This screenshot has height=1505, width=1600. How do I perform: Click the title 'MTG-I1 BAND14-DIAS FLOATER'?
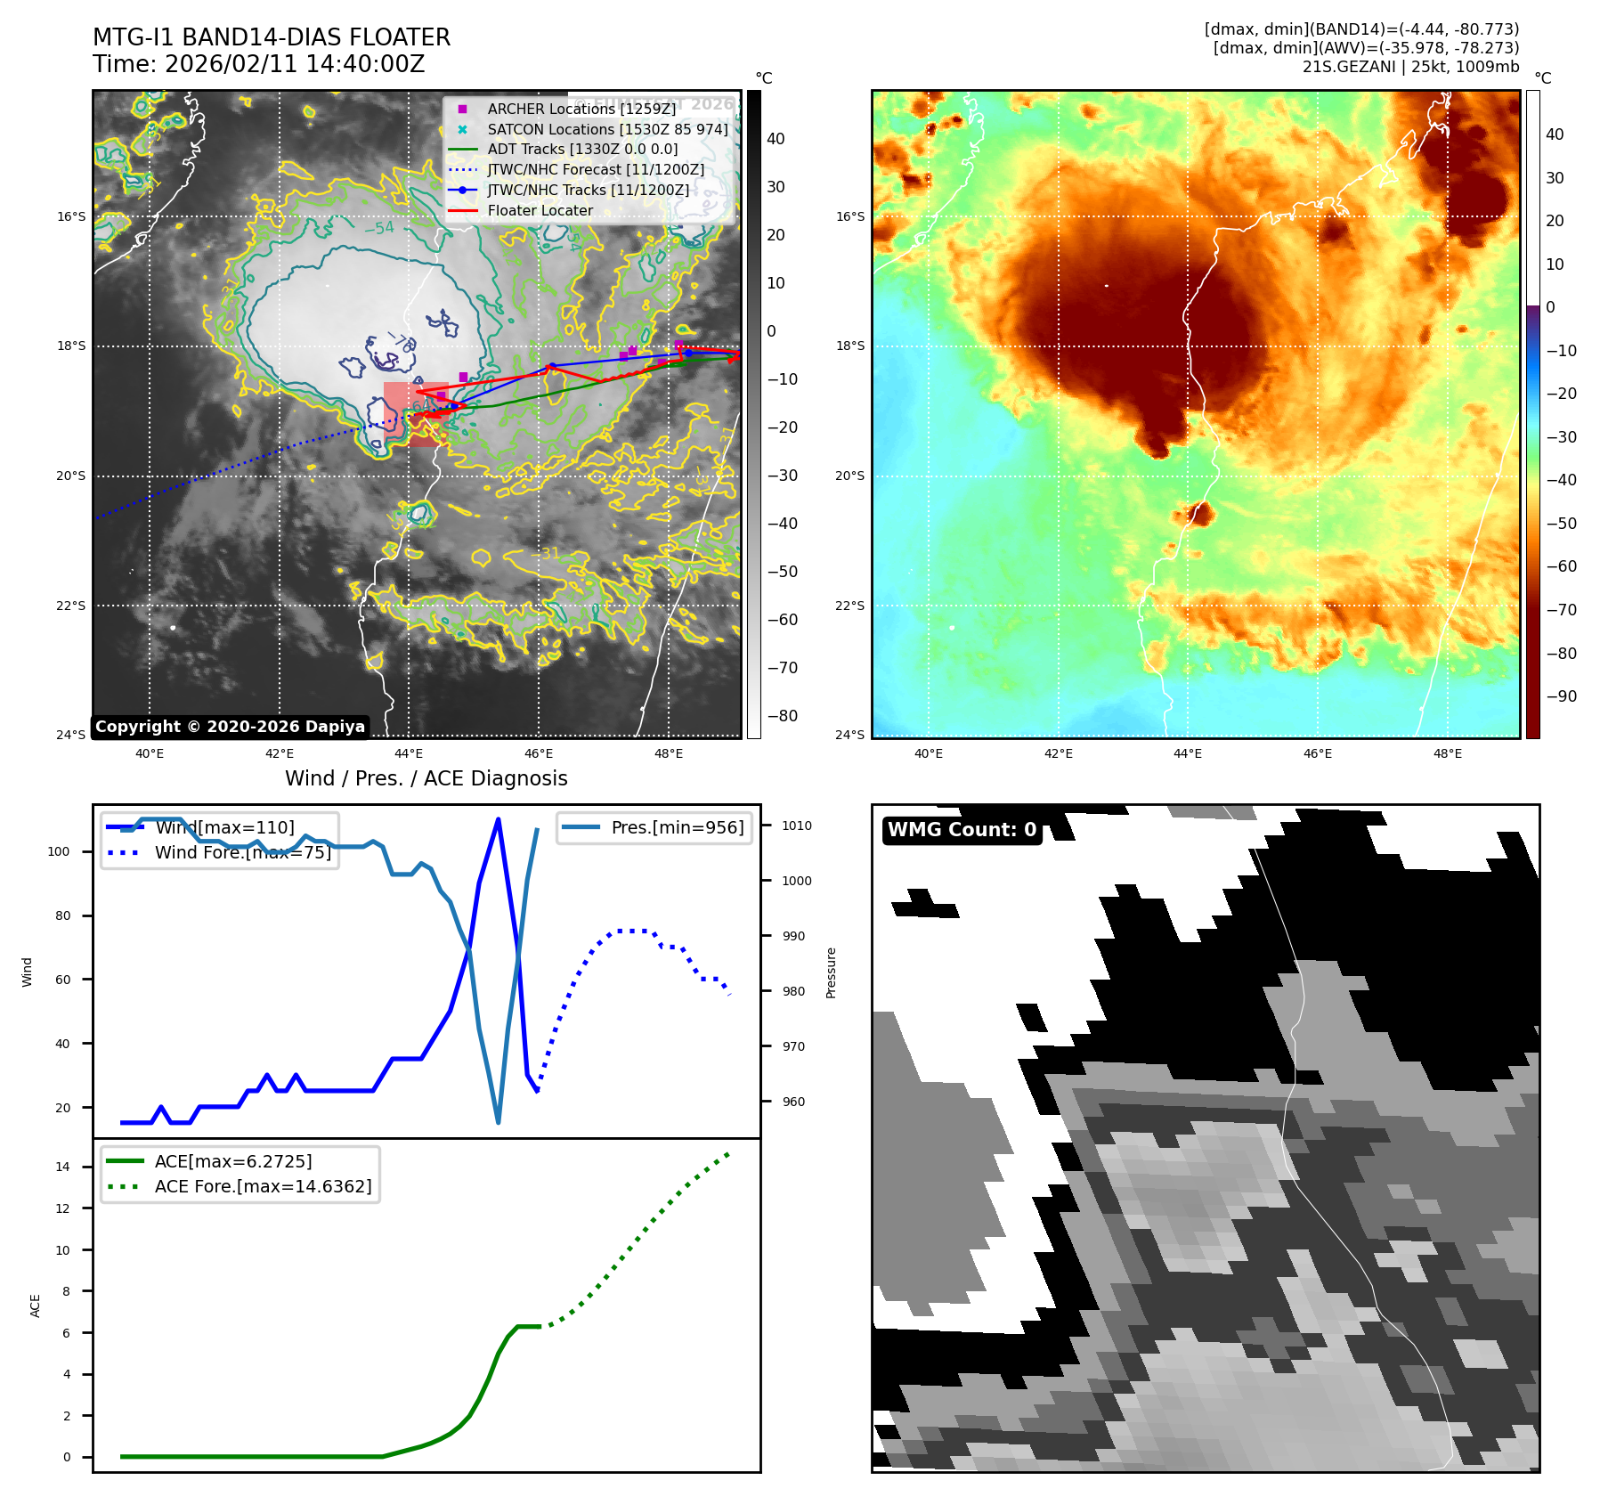click(272, 37)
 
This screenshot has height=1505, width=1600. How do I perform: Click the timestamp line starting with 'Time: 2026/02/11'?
click(258, 64)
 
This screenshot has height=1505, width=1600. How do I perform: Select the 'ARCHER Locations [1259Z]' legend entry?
click(581, 109)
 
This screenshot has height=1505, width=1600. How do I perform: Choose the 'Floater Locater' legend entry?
click(540, 210)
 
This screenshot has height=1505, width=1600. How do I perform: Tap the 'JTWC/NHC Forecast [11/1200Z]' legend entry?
click(596, 169)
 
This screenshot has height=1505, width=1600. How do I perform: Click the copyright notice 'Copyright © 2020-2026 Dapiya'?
click(230, 727)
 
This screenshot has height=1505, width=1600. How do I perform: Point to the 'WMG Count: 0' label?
click(962, 830)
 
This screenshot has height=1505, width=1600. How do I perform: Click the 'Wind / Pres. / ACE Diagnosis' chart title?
click(426, 778)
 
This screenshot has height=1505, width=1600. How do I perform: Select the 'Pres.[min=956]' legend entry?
click(677, 827)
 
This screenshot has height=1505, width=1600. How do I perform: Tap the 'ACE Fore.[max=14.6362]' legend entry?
click(263, 1186)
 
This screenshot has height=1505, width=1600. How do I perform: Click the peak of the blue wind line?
click(498, 818)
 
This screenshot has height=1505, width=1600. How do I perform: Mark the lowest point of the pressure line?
click(498, 1122)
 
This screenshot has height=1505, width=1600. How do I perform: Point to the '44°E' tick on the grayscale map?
click(409, 753)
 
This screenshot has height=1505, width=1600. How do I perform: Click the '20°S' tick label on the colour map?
click(849, 476)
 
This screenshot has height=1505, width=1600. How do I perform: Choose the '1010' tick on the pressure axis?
click(797, 826)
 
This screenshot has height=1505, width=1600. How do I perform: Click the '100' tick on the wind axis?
click(59, 851)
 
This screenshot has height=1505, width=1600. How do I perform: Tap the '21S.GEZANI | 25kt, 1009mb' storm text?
click(1410, 67)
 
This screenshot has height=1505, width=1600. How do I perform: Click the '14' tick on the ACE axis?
click(62, 1167)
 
